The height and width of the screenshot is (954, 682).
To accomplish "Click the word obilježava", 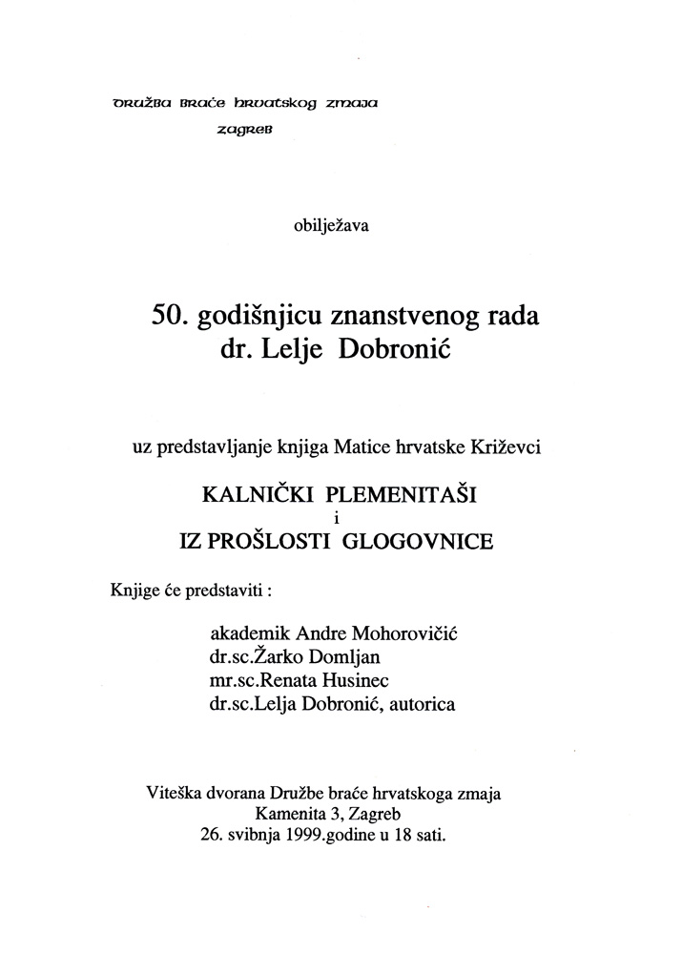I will (332, 227).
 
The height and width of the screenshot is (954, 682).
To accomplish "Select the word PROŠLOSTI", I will (276, 542).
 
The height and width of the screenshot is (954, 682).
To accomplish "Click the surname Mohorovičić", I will (414, 633).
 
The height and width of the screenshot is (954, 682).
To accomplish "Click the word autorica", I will (424, 704).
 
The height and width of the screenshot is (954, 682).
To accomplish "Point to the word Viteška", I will (175, 792).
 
